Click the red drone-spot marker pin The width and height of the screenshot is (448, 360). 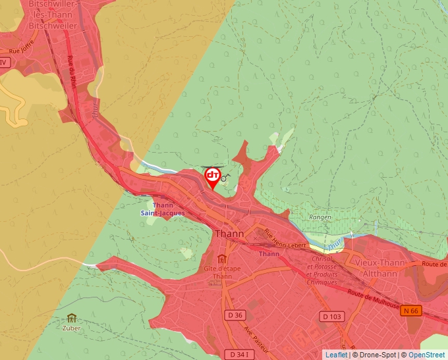213,177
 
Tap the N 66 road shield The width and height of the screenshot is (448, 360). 411,311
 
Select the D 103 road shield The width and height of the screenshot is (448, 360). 333,317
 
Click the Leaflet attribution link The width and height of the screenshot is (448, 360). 336,355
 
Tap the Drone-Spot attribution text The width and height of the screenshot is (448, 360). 374,355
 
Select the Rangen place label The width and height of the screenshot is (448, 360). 320,217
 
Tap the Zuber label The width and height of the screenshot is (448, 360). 71,327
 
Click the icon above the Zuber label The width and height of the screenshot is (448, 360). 71,317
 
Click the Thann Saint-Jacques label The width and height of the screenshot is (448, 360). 162,209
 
